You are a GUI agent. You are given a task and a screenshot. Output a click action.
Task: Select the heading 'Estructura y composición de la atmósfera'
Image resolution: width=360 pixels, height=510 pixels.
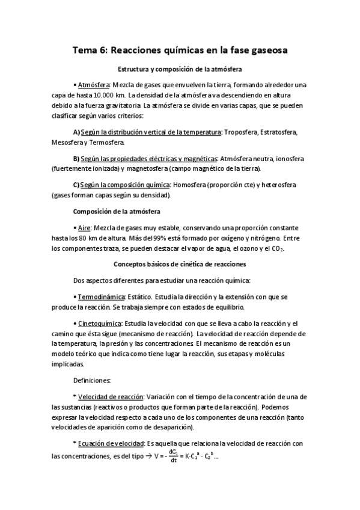(x=180, y=70)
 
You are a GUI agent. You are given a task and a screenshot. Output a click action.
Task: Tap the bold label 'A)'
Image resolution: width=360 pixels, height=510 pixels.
(x=76, y=132)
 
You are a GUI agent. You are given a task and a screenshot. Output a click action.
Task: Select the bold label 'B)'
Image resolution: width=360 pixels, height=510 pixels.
(x=76, y=158)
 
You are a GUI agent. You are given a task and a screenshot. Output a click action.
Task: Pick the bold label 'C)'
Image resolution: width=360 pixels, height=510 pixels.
(x=76, y=185)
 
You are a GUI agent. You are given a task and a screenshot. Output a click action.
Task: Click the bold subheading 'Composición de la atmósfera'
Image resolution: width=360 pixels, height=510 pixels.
(x=116, y=211)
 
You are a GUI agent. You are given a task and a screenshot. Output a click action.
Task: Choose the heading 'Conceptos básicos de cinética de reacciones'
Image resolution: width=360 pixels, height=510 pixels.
(x=180, y=264)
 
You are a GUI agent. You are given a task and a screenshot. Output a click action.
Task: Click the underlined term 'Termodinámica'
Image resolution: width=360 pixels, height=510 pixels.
(x=101, y=296)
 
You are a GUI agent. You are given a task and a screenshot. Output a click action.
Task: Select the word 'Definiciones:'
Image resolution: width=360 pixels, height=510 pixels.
(x=92, y=380)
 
